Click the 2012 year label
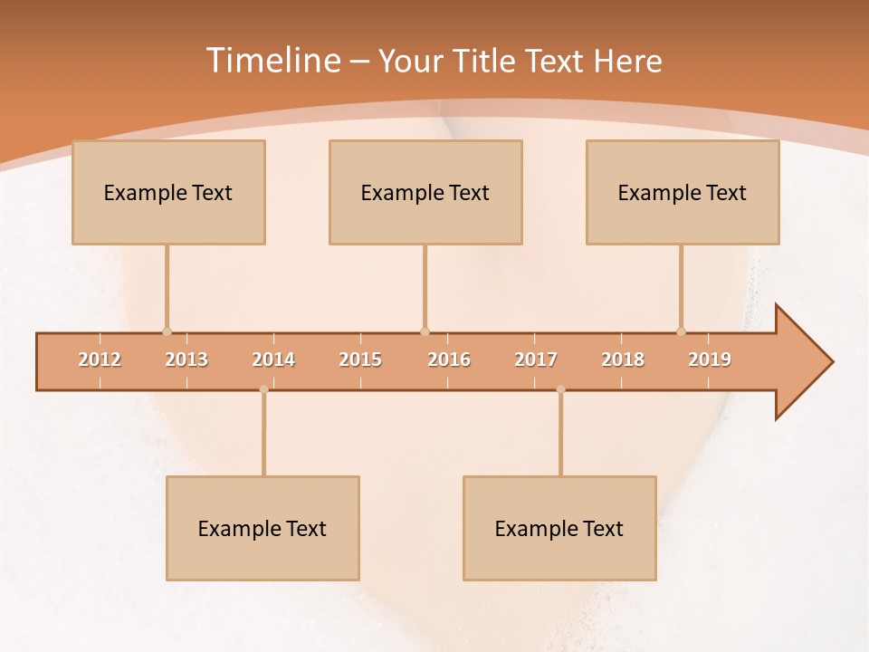100,360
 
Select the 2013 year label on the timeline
186,360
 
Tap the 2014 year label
273,360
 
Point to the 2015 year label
360,360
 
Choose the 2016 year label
449,360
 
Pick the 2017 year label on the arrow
536,360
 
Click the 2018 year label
623,360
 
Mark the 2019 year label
710,360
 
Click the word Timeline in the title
272,61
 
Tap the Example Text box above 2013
168,192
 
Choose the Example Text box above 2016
425,192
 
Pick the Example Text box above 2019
683,192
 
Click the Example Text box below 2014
263,528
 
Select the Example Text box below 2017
559,528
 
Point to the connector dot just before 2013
167,331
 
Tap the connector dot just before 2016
425,331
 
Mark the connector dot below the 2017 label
560,389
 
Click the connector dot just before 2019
681,331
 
